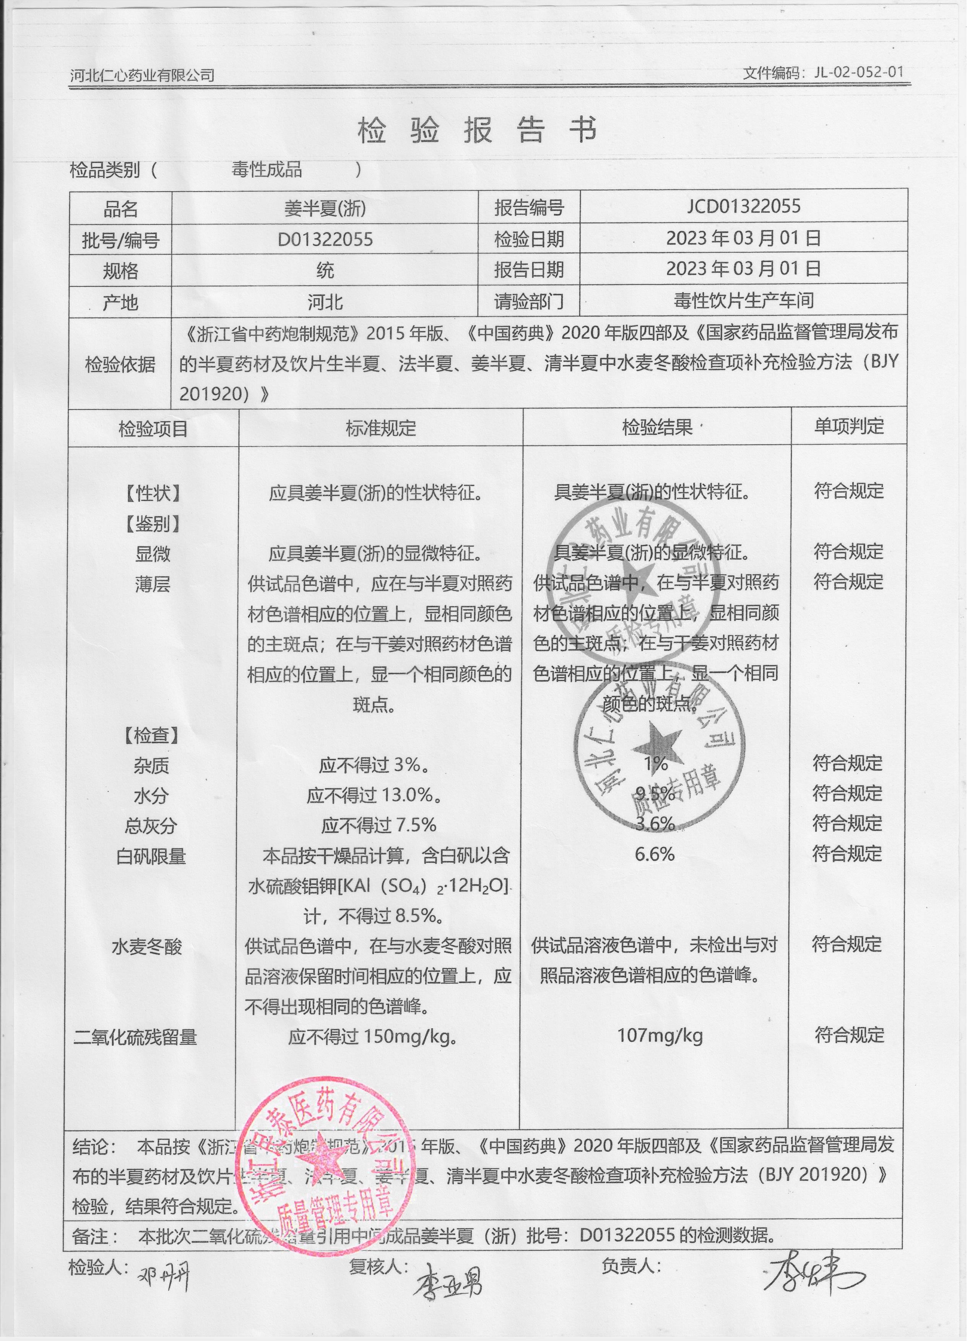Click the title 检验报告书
coord(477,130)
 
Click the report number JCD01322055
coord(743,206)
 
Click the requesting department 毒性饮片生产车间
coord(743,301)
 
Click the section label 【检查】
coord(151,736)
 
